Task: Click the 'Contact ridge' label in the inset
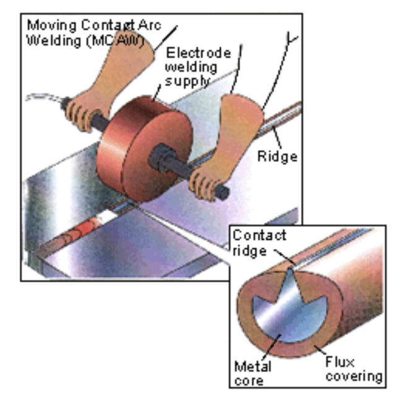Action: point(259,243)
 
